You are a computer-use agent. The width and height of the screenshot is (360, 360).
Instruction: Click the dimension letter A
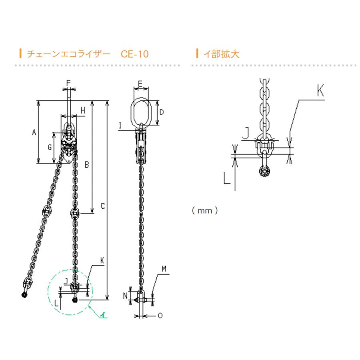tap(34, 132)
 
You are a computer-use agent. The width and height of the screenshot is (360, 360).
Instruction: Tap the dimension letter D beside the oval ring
tap(161, 112)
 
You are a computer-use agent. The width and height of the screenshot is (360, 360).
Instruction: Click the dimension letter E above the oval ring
tap(140, 83)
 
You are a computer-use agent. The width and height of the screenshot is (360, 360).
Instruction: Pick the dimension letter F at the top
tap(68, 83)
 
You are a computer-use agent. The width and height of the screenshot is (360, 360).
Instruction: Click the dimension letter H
tap(82, 110)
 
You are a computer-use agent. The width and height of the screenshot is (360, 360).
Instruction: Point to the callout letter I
tap(120, 126)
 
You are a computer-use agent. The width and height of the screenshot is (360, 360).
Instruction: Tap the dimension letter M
tap(164, 269)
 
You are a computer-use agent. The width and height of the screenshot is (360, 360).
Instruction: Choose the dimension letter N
tap(125, 296)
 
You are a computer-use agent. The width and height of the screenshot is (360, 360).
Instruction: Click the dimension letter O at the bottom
tap(160, 316)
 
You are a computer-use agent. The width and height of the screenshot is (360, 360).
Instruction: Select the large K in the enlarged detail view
tap(320, 91)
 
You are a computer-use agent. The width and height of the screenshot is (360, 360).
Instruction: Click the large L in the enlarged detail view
tap(227, 178)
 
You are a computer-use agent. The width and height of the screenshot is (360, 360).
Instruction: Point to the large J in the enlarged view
tap(247, 132)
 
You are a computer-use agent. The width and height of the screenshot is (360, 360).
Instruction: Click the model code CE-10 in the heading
tap(134, 54)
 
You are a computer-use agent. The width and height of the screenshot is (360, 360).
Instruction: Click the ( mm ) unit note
tap(204, 210)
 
